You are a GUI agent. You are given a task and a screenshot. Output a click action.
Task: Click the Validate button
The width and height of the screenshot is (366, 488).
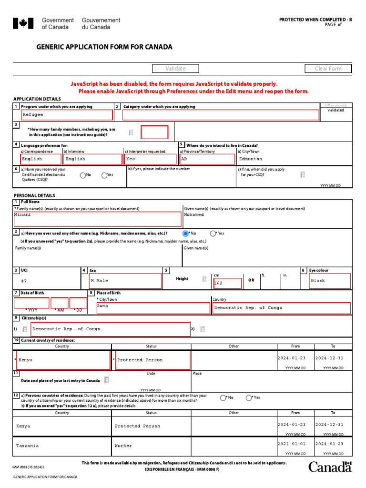click(175, 69)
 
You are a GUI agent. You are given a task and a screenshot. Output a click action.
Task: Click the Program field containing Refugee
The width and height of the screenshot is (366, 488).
click(67, 115)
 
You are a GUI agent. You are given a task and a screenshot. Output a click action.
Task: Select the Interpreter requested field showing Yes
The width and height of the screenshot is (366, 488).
click(151, 159)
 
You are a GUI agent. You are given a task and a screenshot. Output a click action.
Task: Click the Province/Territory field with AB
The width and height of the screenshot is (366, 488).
click(207, 159)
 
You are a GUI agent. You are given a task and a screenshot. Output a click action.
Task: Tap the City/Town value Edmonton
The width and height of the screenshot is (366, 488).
click(251, 159)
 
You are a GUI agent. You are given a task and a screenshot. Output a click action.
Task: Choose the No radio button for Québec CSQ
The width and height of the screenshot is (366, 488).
click(83, 175)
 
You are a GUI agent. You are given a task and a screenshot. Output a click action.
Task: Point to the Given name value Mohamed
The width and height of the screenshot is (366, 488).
click(193, 215)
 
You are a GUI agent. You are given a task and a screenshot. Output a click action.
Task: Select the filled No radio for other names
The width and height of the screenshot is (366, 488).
click(185, 234)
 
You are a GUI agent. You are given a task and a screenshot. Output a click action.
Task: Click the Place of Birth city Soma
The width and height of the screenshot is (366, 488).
click(152, 308)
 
